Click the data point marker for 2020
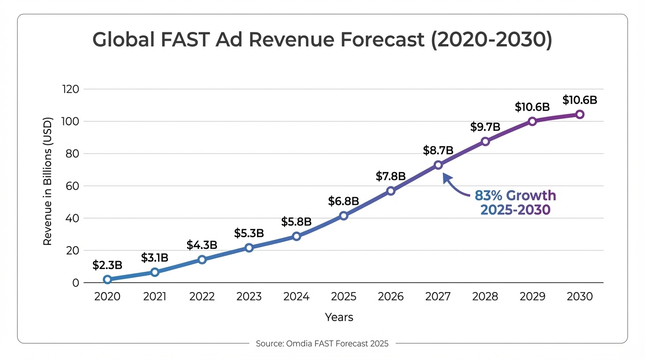(107, 279)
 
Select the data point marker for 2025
(344, 216)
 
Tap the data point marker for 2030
(580, 114)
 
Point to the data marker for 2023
(249, 247)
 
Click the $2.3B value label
(107, 265)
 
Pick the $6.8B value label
(344, 202)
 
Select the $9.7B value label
(485, 127)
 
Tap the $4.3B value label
(202, 245)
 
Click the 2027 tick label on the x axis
(438, 297)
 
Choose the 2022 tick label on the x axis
(202, 297)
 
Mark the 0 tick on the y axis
(75, 283)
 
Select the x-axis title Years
(339, 317)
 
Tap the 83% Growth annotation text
(515, 195)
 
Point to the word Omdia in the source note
(294, 344)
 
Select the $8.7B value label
(438, 150)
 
